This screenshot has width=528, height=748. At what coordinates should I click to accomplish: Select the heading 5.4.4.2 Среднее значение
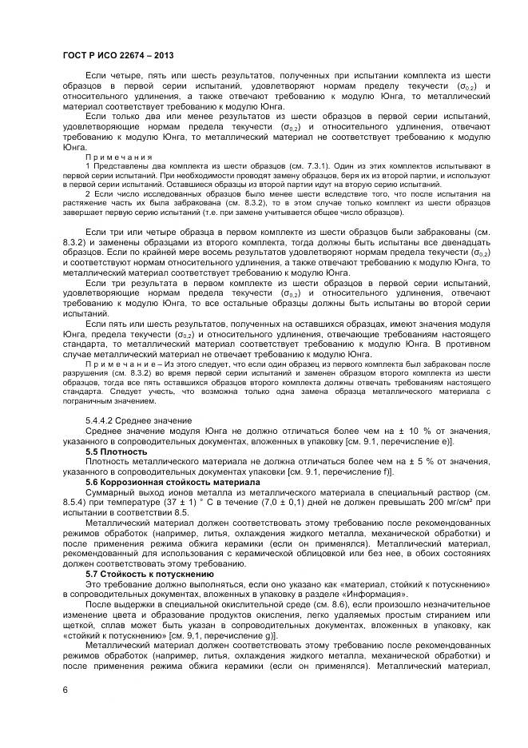point(138,420)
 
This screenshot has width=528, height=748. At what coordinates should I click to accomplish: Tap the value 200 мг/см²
point(448,503)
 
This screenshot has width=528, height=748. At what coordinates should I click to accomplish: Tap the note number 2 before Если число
point(88,194)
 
